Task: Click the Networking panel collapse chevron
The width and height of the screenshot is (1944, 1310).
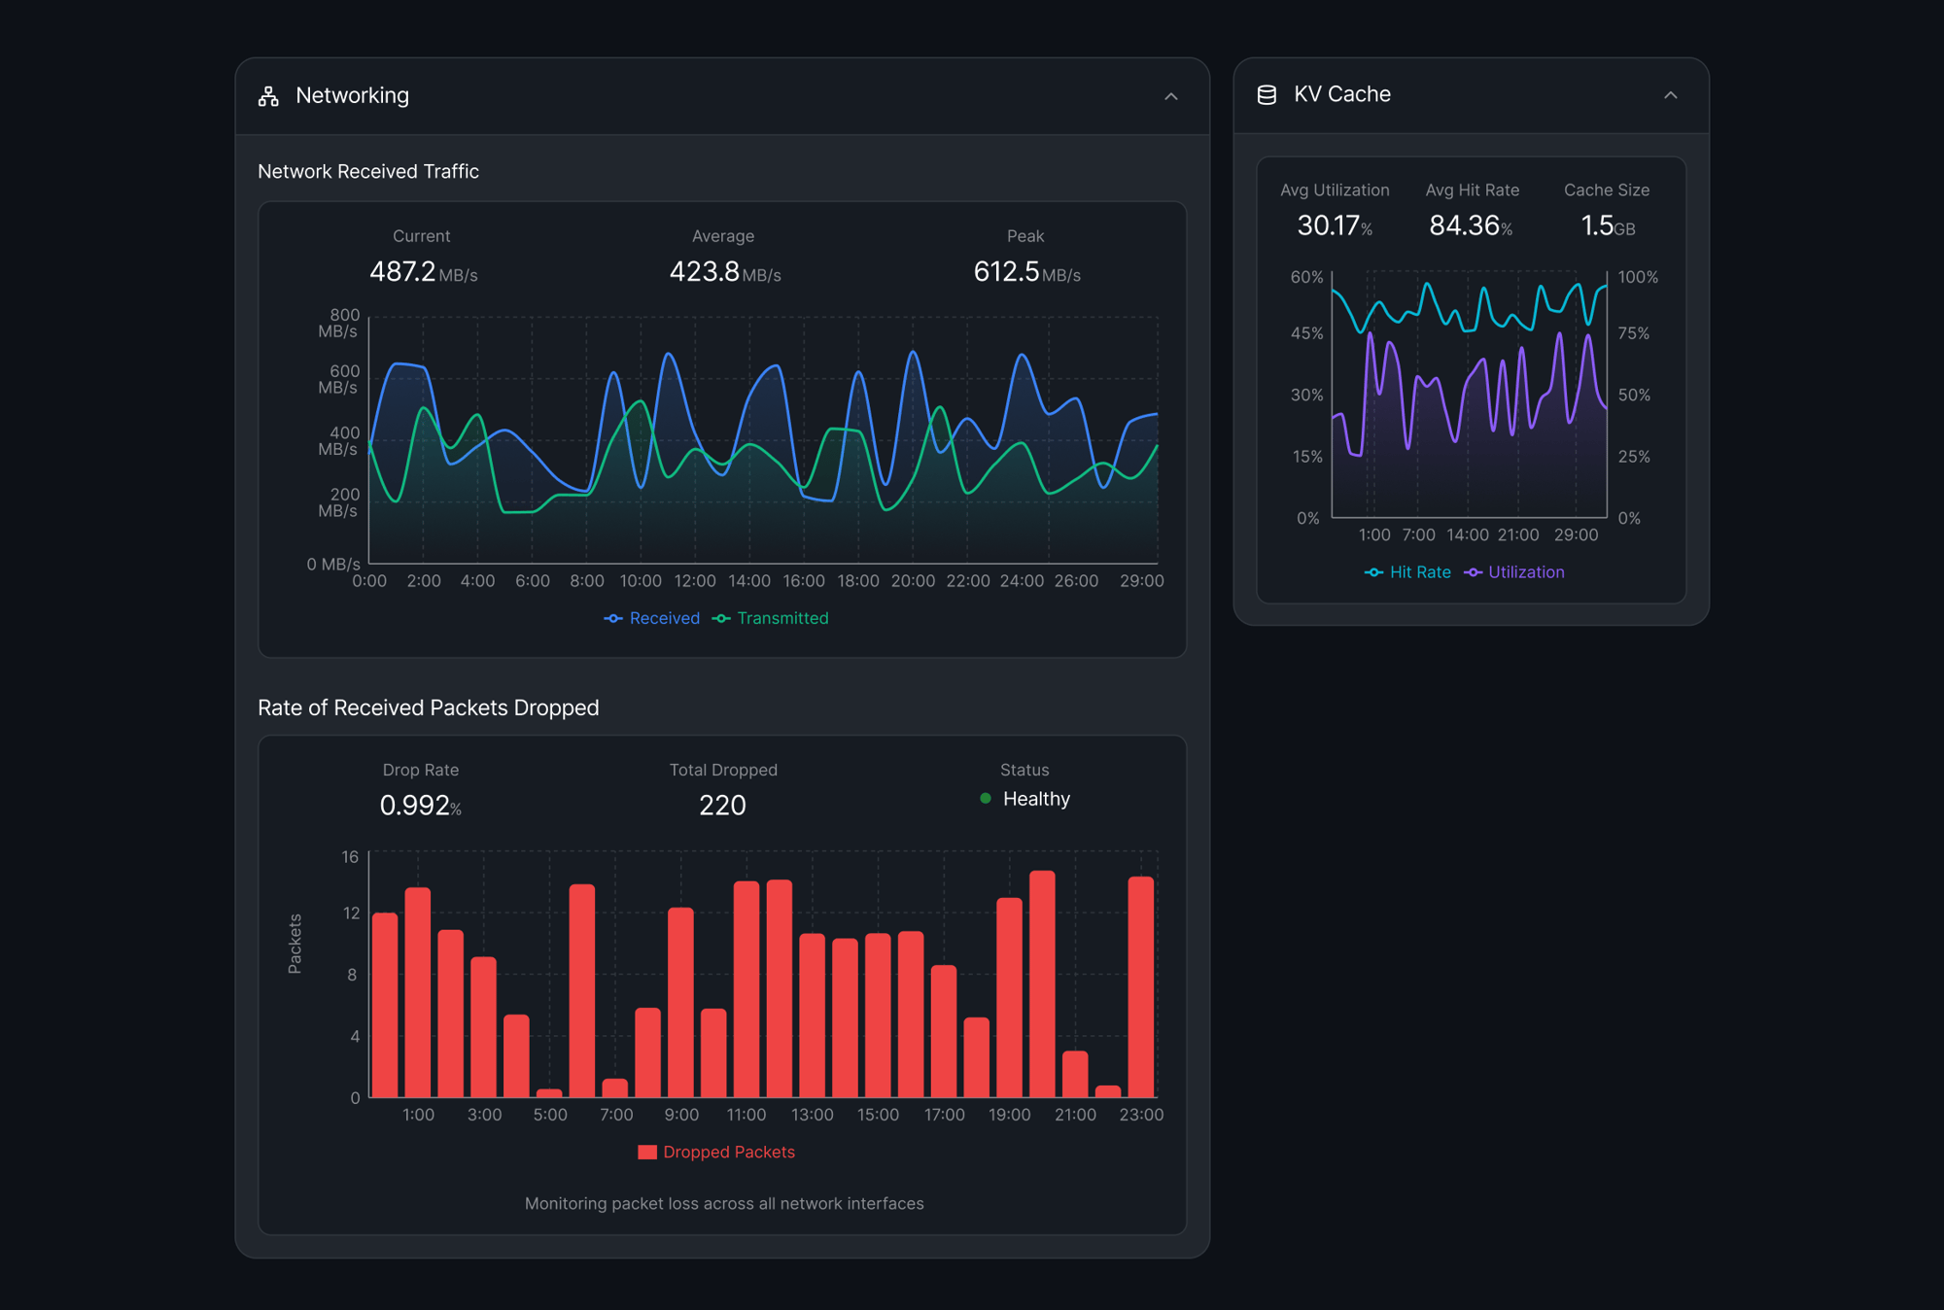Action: tap(1170, 96)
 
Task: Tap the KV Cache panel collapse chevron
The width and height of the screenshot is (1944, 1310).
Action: tap(1670, 95)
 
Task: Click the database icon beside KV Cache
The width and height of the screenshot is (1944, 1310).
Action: tap(1267, 95)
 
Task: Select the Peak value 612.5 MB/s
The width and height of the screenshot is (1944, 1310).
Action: tap(1025, 272)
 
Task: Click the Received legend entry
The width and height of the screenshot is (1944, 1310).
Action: tap(652, 618)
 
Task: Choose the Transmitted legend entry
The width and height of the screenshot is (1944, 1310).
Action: tap(771, 618)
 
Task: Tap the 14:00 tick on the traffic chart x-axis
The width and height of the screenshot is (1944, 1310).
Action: tap(749, 581)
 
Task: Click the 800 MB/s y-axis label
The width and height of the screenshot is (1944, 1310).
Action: tap(339, 323)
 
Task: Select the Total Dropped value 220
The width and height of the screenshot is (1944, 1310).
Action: tap(722, 805)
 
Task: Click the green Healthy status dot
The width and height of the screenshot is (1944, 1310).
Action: tap(986, 798)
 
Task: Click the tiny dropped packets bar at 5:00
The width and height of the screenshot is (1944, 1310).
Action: tap(549, 1092)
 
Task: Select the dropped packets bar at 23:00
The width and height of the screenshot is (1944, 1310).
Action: tap(1140, 986)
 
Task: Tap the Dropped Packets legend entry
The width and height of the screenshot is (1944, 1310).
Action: tap(716, 1152)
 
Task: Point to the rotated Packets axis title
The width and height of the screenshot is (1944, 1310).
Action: tap(295, 943)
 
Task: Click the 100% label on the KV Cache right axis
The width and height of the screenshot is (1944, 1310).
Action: tap(1637, 277)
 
